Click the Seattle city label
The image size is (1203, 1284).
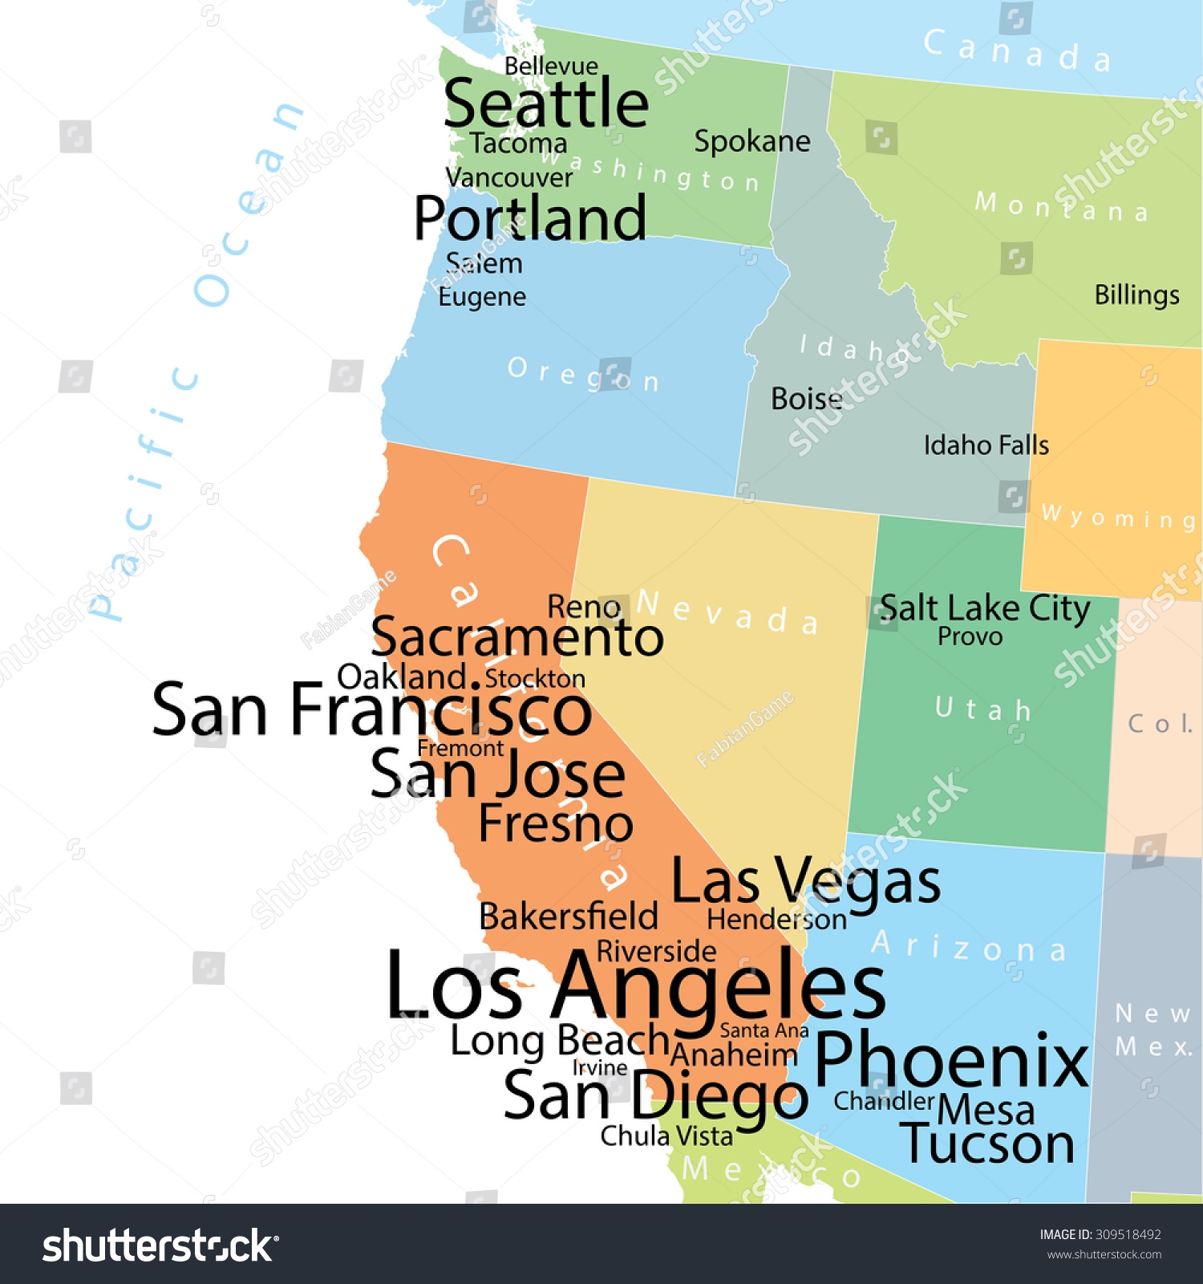(546, 104)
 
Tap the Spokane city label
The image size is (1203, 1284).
(751, 142)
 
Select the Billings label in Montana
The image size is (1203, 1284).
(1136, 295)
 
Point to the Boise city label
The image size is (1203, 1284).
(806, 399)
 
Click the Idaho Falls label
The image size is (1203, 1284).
(986, 445)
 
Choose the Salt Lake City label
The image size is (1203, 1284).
(985, 608)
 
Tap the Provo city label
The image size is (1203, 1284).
(970, 637)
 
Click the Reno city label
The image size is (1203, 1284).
(583, 607)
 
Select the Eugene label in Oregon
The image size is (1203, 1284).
(482, 298)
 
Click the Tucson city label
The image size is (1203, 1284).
(987, 1144)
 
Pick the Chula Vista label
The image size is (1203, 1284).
(666, 1136)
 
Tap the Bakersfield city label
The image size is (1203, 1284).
(568, 916)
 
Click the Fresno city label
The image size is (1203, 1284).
(556, 823)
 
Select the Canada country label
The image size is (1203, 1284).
(1016, 51)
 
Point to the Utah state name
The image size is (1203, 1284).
(982, 709)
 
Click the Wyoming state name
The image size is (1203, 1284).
(1118, 518)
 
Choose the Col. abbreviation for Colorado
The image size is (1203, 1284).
(1160, 724)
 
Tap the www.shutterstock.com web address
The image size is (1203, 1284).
(1104, 1255)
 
